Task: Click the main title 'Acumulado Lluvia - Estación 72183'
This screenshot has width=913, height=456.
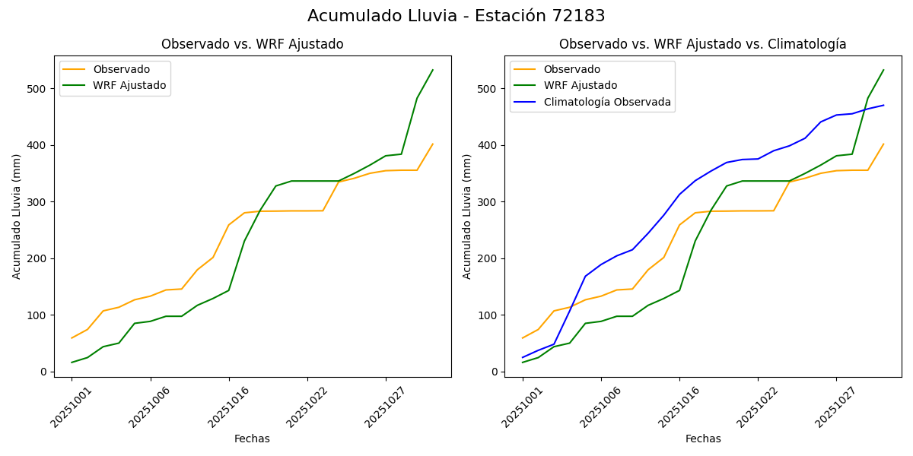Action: (x=456, y=16)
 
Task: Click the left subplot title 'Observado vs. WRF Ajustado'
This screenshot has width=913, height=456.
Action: (x=252, y=45)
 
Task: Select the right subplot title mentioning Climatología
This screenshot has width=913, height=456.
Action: (x=702, y=45)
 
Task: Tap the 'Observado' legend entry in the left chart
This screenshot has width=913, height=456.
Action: (x=121, y=70)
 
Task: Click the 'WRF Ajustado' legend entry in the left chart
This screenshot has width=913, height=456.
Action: (x=129, y=86)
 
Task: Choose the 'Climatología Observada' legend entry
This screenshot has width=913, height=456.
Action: (x=607, y=103)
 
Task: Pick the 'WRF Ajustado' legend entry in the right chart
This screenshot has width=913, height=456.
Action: (x=580, y=86)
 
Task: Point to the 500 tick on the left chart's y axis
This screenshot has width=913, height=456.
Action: (x=39, y=89)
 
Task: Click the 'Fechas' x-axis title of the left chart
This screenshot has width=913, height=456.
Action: (x=252, y=439)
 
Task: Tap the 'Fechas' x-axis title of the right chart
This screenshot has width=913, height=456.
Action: (x=703, y=439)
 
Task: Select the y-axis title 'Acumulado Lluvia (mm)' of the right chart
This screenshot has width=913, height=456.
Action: (x=467, y=216)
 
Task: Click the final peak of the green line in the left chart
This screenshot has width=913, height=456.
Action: (x=433, y=70)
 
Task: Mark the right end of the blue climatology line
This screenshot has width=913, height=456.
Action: (x=883, y=106)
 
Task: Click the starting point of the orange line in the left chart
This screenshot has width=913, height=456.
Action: (x=72, y=338)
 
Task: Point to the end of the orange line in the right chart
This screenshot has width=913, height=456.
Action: (x=883, y=144)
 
